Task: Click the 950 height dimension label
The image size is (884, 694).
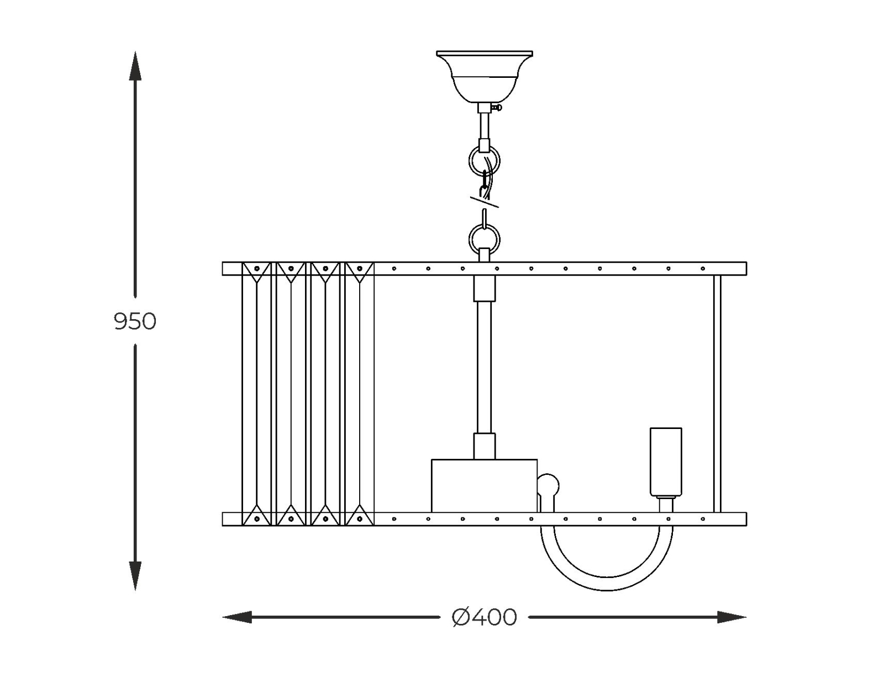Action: click(135, 321)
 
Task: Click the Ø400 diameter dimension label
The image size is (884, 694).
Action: click(484, 617)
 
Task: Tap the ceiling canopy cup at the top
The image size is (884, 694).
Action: click(484, 77)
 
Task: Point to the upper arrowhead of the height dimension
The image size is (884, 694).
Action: click(135, 66)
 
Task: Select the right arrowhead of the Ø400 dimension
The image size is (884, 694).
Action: click(732, 617)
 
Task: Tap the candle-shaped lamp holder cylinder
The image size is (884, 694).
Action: click(666, 462)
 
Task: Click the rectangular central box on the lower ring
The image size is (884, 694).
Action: click(484, 485)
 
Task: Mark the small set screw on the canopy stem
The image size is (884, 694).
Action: click(499, 108)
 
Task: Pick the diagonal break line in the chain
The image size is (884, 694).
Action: click(485, 202)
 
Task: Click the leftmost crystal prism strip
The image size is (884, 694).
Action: click(256, 393)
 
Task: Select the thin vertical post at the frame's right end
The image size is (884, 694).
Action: click(717, 393)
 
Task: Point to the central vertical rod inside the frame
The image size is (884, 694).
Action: click(484, 367)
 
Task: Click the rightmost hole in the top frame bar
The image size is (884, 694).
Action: click(703, 269)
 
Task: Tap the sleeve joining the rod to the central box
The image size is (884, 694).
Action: click(484, 446)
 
